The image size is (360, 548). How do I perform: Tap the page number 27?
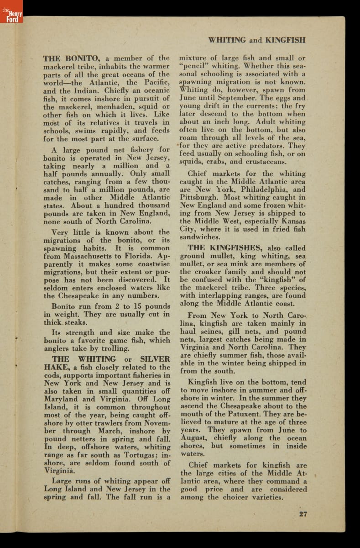click(x=303, y=514)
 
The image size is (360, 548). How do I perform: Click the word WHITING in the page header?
click(x=227, y=40)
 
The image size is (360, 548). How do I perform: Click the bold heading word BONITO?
click(x=82, y=58)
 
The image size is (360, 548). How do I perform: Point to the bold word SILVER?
click(x=154, y=359)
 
